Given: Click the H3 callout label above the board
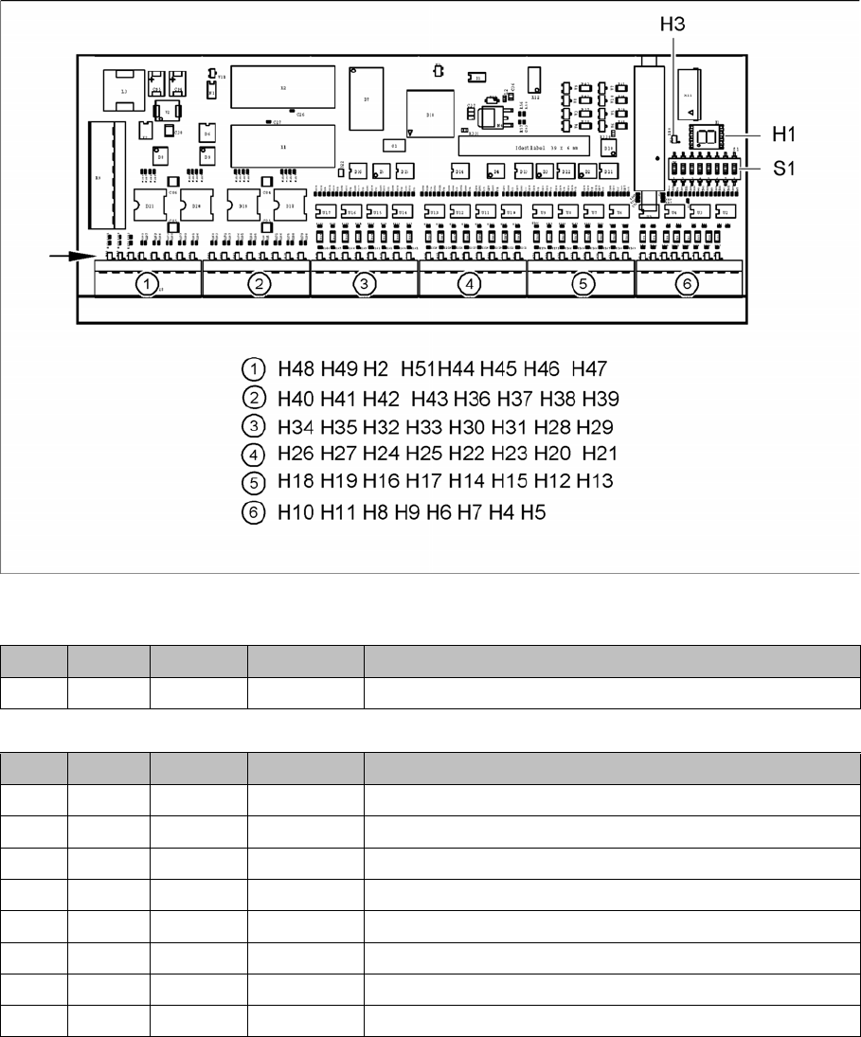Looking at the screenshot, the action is point(673,30).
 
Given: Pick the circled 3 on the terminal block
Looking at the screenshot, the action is point(364,283).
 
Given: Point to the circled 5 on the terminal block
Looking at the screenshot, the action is point(580,283).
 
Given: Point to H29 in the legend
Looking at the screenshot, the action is point(595,425).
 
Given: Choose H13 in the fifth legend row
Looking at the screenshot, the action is point(595,482).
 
